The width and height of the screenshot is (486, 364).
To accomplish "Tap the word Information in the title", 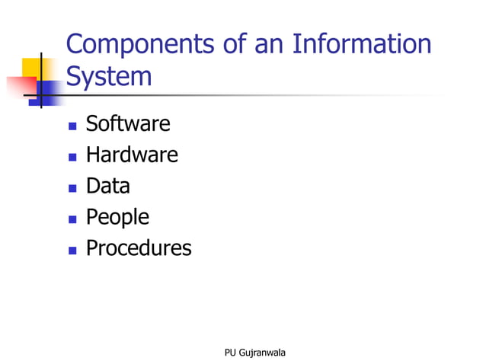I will (x=361, y=45).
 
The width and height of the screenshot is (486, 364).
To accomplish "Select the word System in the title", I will (x=109, y=77).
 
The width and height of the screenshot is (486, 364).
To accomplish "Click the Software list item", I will (x=128, y=123).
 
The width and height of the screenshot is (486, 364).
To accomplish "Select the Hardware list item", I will (x=132, y=155).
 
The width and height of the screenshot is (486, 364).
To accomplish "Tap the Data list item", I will (x=107, y=186).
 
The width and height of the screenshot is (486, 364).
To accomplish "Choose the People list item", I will (x=117, y=217).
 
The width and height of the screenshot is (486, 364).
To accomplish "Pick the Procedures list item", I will (x=139, y=248).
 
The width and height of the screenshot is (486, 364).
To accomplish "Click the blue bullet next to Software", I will (x=72, y=126).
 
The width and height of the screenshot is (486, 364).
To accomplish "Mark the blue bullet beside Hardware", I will (x=72, y=157).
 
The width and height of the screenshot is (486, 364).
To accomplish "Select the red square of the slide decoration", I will (x=20, y=87).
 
